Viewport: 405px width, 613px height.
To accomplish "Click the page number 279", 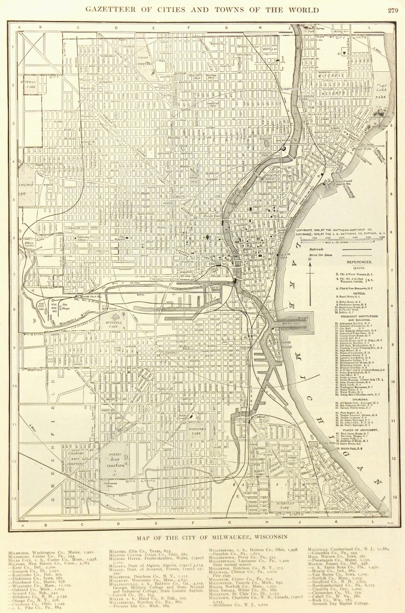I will (393, 10).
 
